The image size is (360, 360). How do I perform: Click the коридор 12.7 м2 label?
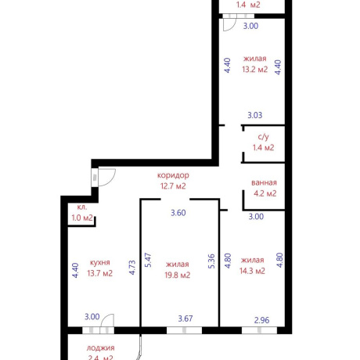point(173,181)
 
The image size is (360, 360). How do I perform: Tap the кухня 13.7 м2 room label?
point(99,268)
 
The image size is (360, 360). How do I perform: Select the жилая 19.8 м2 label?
point(178,270)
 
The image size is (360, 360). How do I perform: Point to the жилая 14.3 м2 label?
point(252,265)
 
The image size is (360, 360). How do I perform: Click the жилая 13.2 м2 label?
point(255,64)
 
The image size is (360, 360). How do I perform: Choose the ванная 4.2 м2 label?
point(265,188)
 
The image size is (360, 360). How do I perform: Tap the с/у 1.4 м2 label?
point(263,142)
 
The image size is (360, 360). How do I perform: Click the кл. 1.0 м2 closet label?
point(82,212)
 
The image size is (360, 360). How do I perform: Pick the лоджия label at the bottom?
point(100,348)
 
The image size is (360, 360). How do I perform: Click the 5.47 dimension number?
point(148,260)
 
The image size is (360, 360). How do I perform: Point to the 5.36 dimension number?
point(211,261)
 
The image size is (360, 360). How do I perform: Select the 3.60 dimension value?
point(178,213)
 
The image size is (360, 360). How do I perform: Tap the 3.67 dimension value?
point(185,319)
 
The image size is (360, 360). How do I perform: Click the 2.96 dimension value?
point(261,320)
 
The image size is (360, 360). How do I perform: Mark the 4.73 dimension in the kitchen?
point(132,268)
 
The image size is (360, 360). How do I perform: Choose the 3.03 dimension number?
point(255,115)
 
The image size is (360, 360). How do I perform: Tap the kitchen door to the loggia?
point(107,322)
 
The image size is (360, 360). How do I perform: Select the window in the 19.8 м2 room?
point(184,330)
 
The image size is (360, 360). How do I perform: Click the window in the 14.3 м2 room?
point(259,330)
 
